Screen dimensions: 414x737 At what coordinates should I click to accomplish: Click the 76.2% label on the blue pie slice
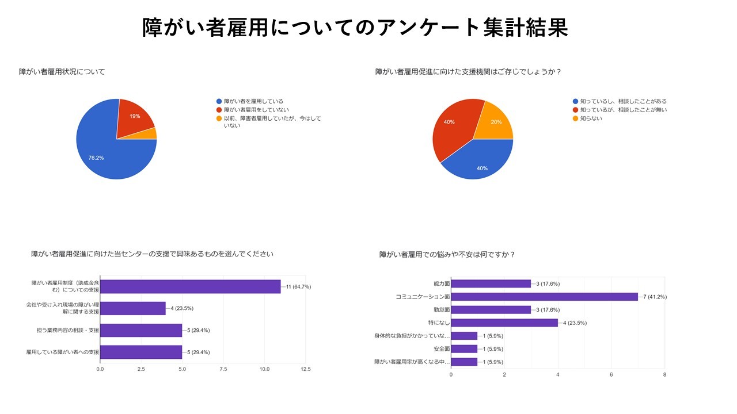click(x=96, y=158)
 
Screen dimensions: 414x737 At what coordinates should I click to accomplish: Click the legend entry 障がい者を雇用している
click(x=253, y=101)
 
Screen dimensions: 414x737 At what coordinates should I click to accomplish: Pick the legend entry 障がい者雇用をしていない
click(x=256, y=110)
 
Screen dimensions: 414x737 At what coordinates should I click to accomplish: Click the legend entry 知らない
click(x=591, y=118)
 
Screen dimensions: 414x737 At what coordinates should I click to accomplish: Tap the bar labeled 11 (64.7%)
click(x=191, y=286)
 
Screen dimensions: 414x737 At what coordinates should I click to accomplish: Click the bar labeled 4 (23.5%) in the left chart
click(x=133, y=308)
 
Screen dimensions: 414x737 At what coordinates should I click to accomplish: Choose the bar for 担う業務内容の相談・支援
click(x=141, y=330)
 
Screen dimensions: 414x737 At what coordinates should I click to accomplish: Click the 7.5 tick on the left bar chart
click(x=223, y=369)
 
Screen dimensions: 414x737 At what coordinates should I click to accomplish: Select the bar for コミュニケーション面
click(x=545, y=297)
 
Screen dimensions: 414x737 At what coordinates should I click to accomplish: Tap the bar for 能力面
click(x=491, y=283)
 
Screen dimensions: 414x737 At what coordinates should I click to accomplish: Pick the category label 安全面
click(x=442, y=349)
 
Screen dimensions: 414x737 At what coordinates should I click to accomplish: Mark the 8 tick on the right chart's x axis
click(x=664, y=374)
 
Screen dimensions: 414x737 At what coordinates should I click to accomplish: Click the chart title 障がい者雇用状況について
click(x=62, y=72)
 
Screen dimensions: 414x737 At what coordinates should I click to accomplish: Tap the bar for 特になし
click(x=504, y=323)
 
